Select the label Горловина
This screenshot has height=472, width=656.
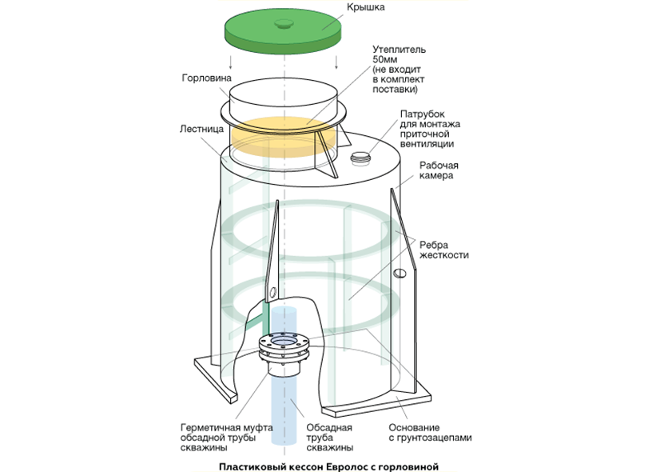click(205, 79)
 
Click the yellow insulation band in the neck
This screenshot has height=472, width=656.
click(272, 136)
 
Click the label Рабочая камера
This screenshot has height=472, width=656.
click(437, 170)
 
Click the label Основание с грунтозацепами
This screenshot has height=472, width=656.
click(424, 433)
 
